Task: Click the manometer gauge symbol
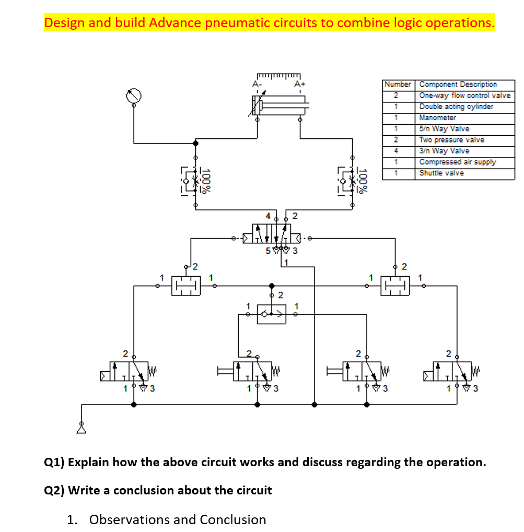coord(134,96)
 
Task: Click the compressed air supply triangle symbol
coord(81,429)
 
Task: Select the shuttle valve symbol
coord(272,314)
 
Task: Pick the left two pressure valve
coord(187,286)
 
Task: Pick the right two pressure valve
coord(395,286)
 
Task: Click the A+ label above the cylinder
coord(299,84)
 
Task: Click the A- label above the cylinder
coord(256,84)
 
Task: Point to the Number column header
coord(398,84)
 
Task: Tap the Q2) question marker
coord(54,490)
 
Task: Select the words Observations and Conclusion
coord(178,519)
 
